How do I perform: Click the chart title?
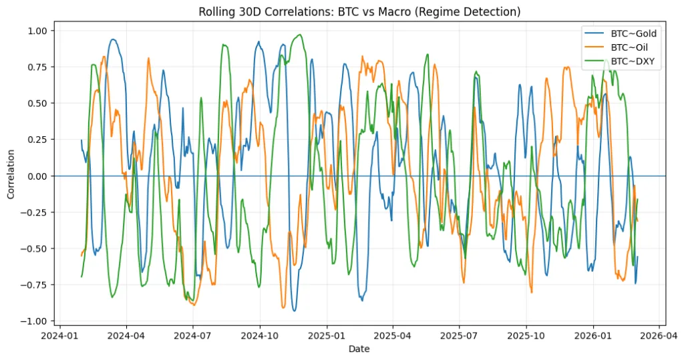point(360,11)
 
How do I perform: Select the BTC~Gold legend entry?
point(630,33)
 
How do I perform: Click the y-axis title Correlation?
point(11,176)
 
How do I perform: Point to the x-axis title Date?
point(359,348)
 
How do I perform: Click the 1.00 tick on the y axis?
point(37,31)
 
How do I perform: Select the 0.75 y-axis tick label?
point(37,67)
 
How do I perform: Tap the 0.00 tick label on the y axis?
point(37,176)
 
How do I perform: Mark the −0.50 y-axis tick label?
point(35,248)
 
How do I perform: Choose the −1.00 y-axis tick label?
point(35,321)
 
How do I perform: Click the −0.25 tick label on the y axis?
point(35,212)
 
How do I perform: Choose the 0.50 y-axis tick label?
point(37,103)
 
